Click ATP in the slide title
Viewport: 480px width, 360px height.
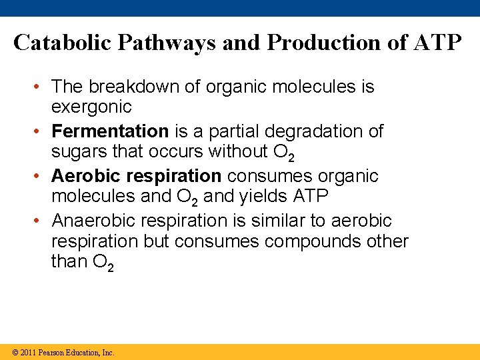pyautogui.click(x=437, y=43)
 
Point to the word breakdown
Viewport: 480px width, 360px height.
pyautogui.click(x=128, y=87)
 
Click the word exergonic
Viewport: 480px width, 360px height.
pyautogui.click(x=91, y=107)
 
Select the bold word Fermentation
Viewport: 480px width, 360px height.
pyautogui.click(x=110, y=131)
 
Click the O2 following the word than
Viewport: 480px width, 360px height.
pyautogui.click(x=101, y=262)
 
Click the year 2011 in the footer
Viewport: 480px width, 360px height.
pyautogui.click(x=27, y=352)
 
